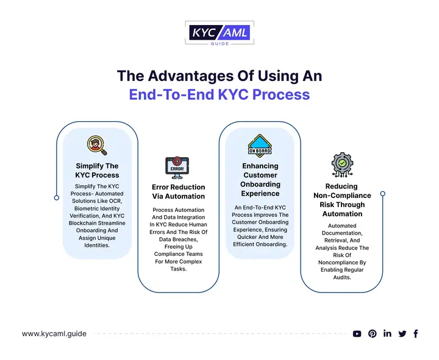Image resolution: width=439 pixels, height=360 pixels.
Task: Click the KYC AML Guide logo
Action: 220,33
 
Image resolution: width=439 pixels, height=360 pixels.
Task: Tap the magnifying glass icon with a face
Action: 97,146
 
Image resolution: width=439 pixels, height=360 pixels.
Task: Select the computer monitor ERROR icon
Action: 177,168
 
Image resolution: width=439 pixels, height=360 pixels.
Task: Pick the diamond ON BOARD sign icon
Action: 260,146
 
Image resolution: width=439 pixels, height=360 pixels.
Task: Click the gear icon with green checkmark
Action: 342,164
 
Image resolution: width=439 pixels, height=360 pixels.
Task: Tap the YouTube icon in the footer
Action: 357,334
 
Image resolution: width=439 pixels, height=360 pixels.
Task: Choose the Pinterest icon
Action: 373,334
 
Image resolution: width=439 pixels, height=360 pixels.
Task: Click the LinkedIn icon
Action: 388,333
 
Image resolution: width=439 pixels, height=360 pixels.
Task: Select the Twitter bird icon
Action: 402,334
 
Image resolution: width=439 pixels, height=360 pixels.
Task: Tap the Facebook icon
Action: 416,334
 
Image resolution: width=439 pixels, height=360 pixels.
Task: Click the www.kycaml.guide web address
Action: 54,334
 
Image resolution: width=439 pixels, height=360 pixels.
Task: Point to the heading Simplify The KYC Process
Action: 97,171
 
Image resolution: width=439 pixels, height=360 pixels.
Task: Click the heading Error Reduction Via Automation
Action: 178,192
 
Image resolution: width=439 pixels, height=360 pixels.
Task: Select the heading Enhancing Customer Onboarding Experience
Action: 260,180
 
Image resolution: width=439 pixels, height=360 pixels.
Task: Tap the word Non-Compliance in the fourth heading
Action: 342,196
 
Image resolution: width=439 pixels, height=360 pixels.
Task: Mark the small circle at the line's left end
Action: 57,198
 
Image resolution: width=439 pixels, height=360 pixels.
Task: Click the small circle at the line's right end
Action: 383,194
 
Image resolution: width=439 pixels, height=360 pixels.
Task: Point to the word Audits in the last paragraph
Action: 342,278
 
